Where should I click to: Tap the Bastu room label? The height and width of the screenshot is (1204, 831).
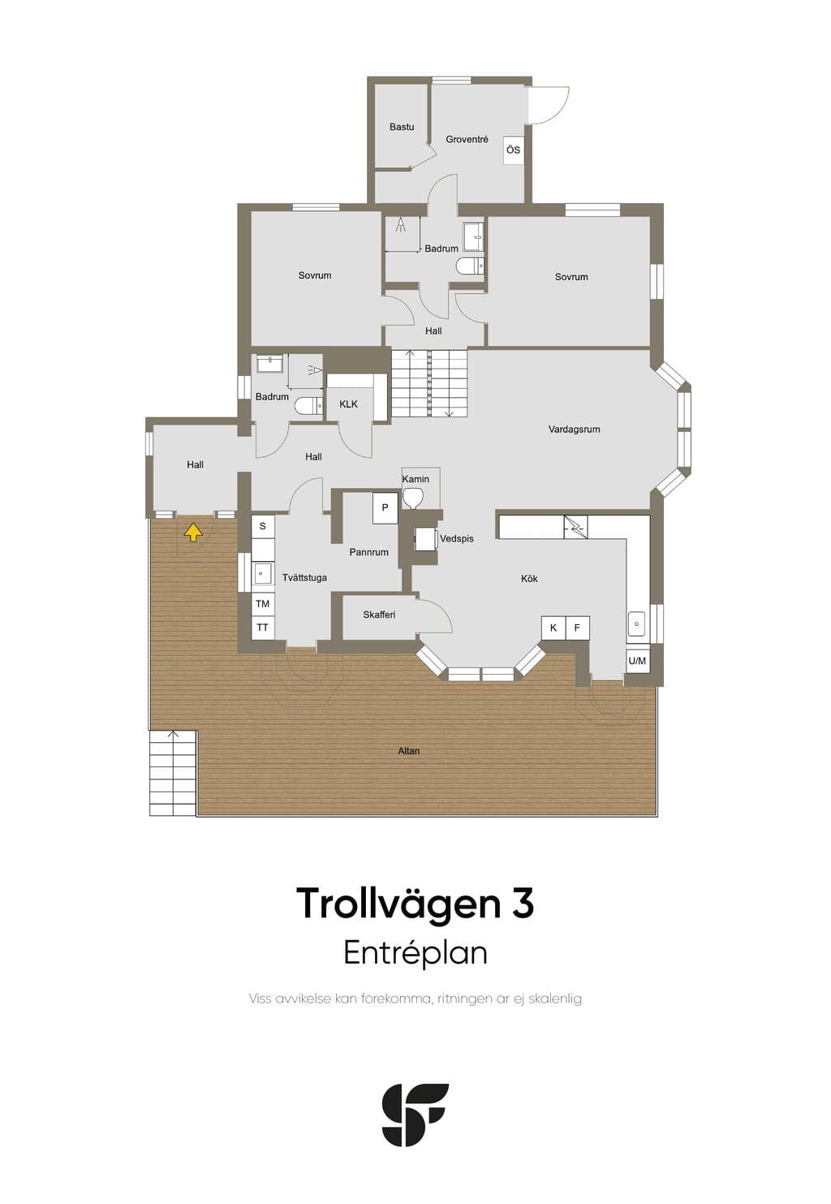coord(402,127)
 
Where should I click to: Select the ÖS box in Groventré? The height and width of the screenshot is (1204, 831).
coord(513,150)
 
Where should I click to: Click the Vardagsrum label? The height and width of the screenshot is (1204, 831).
coord(574,429)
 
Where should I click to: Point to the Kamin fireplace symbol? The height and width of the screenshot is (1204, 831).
coord(412,497)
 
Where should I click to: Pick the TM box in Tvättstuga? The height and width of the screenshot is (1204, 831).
coord(263,603)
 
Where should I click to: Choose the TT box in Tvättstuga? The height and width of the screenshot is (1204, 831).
coord(263,628)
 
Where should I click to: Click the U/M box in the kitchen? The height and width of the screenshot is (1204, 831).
coord(637,661)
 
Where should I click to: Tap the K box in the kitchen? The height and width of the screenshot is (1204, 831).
coord(553,628)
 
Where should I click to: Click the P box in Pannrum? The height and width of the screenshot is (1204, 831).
coord(385,508)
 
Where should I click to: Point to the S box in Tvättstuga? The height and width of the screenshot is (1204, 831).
coord(263,526)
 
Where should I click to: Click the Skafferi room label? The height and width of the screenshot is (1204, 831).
coord(379,615)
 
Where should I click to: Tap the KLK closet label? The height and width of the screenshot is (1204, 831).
coord(349,403)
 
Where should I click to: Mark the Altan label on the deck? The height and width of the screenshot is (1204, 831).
coord(409,751)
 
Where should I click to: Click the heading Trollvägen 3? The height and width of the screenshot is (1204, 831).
coord(415,904)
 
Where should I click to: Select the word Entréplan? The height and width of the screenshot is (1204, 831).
coord(415,952)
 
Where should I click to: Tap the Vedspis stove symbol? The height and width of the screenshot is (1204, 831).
coord(426,539)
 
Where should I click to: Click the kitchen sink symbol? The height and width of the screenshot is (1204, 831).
coord(636,624)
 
